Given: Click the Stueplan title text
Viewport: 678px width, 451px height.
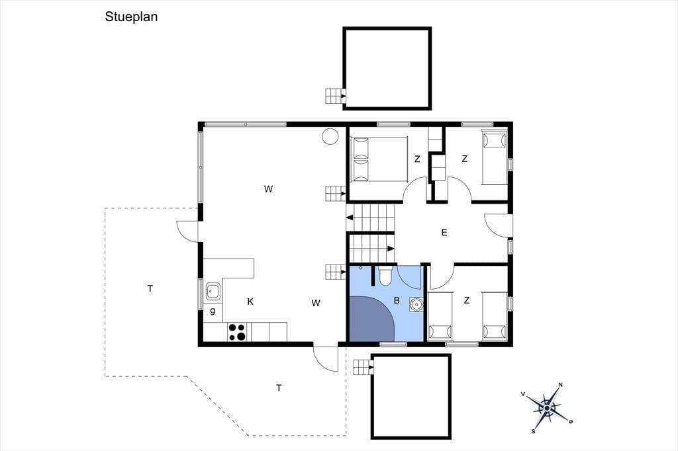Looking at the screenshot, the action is (x=131, y=17).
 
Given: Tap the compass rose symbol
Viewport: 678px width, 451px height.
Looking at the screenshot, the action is (x=547, y=408).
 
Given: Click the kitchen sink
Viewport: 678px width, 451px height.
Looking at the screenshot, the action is (x=213, y=291).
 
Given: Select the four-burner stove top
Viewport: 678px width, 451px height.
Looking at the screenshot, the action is (x=237, y=332).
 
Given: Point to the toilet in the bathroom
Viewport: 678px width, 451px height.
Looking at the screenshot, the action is (x=385, y=276).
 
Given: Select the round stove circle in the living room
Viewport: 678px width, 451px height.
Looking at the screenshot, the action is (x=330, y=136).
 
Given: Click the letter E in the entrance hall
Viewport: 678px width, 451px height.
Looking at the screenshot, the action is (x=444, y=232).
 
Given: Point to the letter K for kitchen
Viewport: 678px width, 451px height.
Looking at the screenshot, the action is (x=250, y=302).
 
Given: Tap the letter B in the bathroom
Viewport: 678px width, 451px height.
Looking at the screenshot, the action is (x=397, y=300).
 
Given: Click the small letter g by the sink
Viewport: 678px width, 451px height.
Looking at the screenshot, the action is (x=213, y=311).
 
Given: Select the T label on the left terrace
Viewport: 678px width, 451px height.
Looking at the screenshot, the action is (x=150, y=288).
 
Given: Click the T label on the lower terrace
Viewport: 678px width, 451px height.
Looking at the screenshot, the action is (x=279, y=388).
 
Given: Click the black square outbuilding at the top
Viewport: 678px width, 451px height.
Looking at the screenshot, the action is (x=387, y=68).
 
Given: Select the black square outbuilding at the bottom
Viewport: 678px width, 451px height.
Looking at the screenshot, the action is (x=411, y=397).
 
